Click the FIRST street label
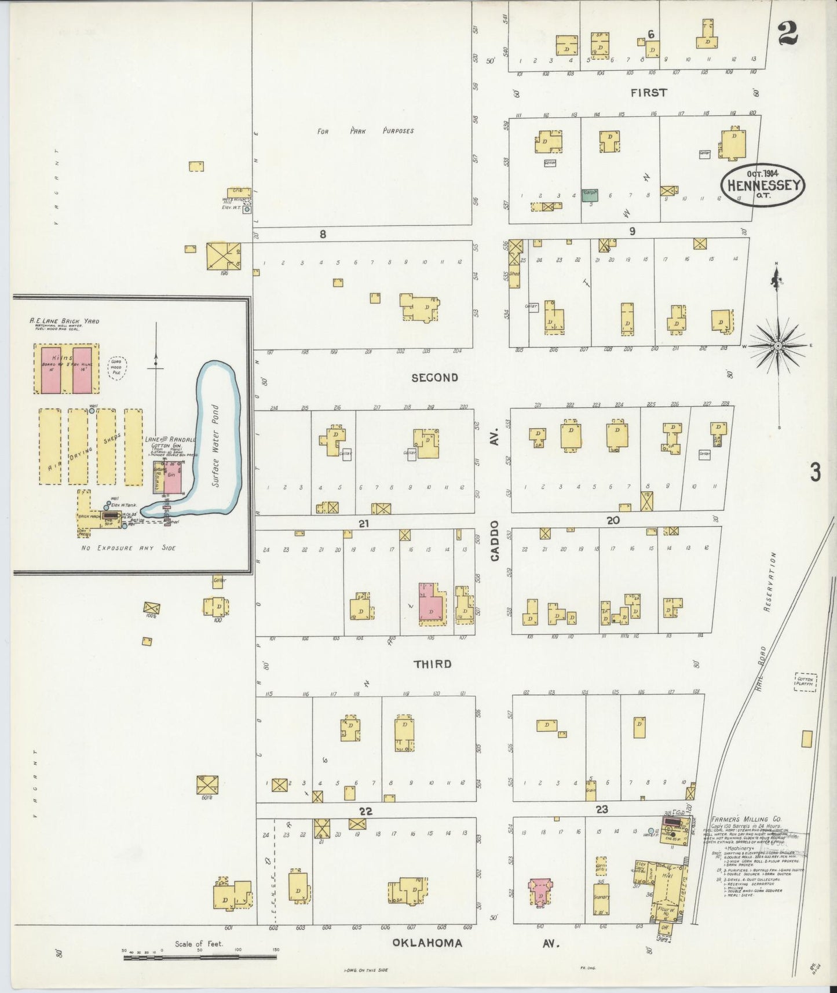(649, 93)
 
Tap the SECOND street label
(434, 378)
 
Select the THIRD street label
(432, 664)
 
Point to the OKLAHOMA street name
(427, 943)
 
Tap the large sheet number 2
(788, 32)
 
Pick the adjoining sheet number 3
(815, 473)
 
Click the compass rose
(778, 346)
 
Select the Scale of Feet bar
(200, 957)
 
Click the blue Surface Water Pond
(217, 440)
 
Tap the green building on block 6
(590, 195)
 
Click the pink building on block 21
(431, 603)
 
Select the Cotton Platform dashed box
(805, 682)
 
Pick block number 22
(364, 811)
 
